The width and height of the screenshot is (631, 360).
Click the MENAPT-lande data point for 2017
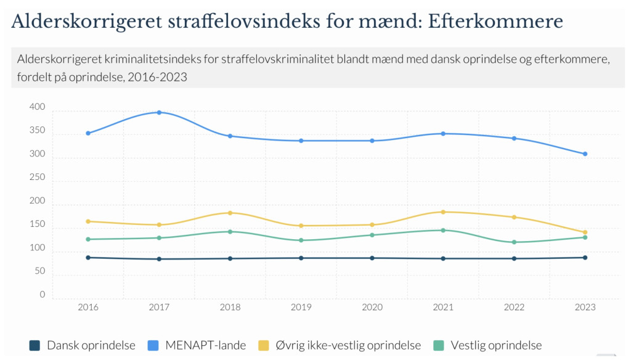(159, 112)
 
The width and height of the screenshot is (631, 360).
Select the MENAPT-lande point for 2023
(585, 154)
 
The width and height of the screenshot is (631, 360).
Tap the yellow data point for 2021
(443, 212)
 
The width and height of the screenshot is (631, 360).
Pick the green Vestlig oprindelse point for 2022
(514, 242)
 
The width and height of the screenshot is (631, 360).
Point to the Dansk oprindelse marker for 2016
(88, 258)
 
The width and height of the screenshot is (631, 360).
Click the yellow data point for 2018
(230, 213)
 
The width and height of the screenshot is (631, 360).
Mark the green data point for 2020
(372, 235)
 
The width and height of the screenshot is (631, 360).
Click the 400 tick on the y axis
(37, 108)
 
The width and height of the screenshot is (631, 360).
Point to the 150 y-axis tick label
(37, 225)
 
